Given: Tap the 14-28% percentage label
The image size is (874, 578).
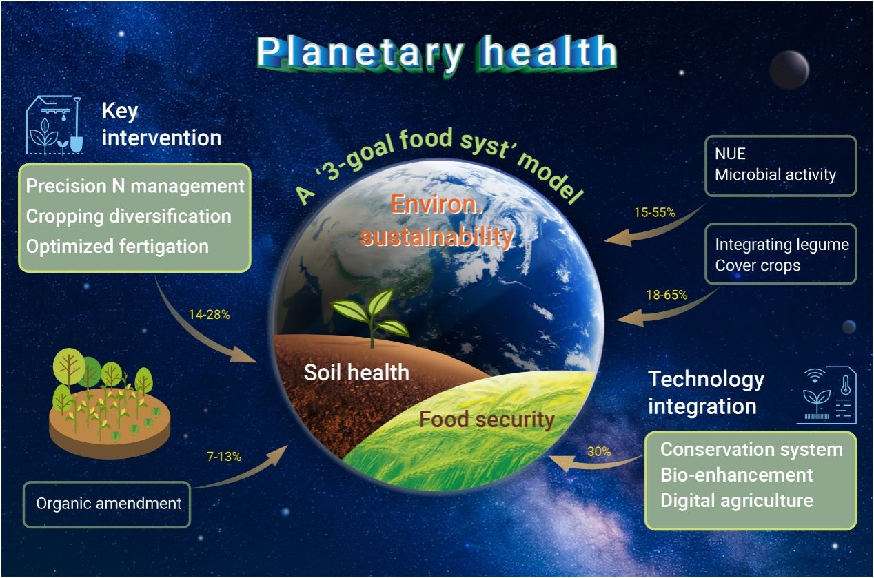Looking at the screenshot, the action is (x=210, y=315).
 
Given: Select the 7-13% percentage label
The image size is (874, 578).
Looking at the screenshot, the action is (x=224, y=456).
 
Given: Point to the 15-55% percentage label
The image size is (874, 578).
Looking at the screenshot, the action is (x=654, y=212).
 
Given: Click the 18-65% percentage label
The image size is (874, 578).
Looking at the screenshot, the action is (x=667, y=295).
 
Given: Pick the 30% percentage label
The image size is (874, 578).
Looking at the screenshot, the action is (x=599, y=452).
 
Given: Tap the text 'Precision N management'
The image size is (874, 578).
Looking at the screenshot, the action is (x=135, y=186).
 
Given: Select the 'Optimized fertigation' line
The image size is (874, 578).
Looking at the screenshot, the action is (x=117, y=247).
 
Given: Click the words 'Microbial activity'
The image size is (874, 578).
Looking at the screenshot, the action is (x=775, y=175).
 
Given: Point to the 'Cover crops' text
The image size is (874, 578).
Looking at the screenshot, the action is (x=758, y=266).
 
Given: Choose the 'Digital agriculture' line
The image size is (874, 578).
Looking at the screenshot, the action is (x=737, y=501).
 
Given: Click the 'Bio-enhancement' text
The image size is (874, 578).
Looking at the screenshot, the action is (x=737, y=475).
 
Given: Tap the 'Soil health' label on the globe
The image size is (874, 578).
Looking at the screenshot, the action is (x=356, y=373).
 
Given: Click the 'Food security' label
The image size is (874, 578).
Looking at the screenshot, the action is (x=487, y=420).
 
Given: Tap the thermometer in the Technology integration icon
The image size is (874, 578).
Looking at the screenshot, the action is (x=846, y=385).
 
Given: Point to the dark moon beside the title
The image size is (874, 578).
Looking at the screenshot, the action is (x=789, y=70).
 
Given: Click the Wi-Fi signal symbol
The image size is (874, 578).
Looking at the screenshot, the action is (x=815, y=376).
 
